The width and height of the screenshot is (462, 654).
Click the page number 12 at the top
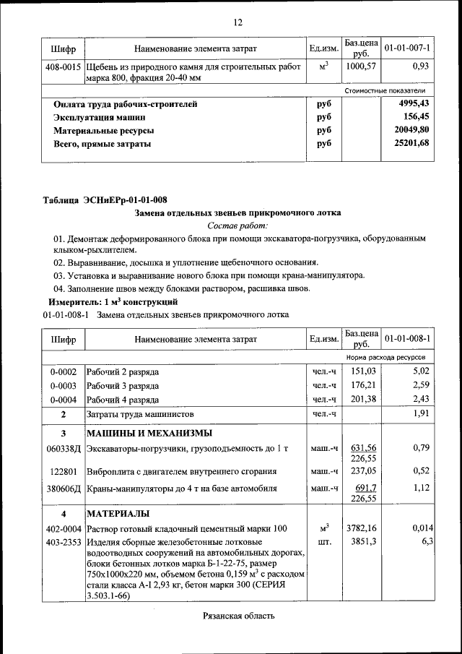point(237,22)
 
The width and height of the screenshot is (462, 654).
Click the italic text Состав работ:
point(237,226)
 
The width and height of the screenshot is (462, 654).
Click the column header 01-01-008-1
point(407,339)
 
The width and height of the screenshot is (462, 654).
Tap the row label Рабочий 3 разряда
point(122,385)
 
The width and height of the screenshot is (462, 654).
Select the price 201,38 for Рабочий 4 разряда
point(363,399)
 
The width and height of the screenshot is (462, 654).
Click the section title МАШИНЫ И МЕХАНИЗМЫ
point(149,434)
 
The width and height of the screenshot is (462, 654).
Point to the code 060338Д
point(64,449)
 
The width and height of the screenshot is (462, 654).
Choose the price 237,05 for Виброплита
point(363,471)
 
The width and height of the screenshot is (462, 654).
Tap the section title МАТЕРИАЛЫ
point(118,514)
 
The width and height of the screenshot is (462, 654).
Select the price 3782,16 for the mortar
point(362,528)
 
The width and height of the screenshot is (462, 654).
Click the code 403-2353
point(64,541)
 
